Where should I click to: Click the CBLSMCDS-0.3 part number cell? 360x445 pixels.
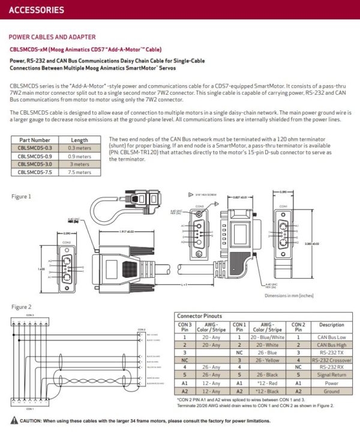35,147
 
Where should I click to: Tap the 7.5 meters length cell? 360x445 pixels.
79,172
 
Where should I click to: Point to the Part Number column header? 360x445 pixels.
35,139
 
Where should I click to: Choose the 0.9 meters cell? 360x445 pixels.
79,155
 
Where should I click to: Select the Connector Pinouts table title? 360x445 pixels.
199,315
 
